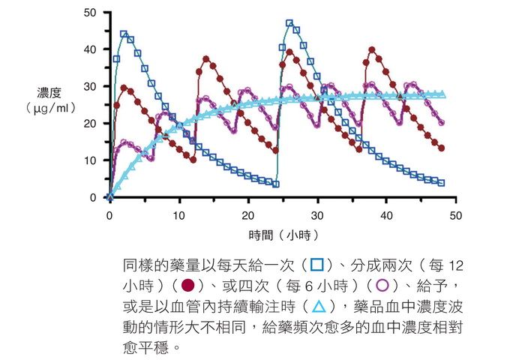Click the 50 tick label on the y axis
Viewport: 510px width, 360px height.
click(x=90, y=13)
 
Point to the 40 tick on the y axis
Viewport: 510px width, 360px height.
click(x=90, y=49)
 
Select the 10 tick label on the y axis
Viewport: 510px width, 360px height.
click(x=90, y=160)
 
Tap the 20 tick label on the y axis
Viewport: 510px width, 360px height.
click(x=90, y=124)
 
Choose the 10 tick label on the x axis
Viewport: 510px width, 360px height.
click(x=178, y=215)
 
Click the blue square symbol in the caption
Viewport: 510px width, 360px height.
click(x=317, y=265)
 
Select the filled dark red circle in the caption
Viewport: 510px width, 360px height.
click(x=188, y=286)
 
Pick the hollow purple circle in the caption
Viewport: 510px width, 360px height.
click(x=382, y=286)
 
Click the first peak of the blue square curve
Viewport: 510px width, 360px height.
click(x=124, y=34)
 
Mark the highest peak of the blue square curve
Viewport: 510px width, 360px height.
click(x=289, y=23)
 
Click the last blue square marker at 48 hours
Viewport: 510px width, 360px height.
click(x=441, y=183)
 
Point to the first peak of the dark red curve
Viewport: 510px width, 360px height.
click(x=124, y=88)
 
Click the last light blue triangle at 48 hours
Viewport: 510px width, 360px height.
click(x=441, y=94)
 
